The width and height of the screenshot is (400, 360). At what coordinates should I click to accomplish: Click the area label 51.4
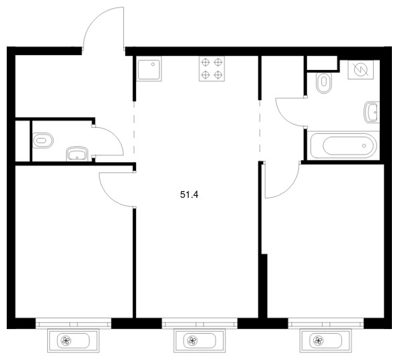pyautogui.click(x=189, y=195)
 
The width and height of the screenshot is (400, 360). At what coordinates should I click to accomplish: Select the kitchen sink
pyautogui.click(x=149, y=69)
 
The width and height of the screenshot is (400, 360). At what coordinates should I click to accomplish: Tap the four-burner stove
pyautogui.click(x=212, y=69)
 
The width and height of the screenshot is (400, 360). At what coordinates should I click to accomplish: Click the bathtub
pyautogui.click(x=343, y=145)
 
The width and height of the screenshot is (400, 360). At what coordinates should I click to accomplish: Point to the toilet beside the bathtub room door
pyautogui.click(x=324, y=83)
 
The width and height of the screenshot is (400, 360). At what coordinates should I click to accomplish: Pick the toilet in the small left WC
pyautogui.click(x=43, y=140)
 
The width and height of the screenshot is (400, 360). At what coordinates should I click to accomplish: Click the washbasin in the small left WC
pyautogui.click(x=77, y=153)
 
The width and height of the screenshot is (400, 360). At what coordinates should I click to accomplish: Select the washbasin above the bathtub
pyautogui.click(x=372, y=112)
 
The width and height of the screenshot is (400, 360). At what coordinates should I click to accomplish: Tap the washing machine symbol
pyautogui.click(x=361, y=69)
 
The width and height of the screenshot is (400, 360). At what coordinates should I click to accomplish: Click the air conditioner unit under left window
pyautogui.click(x=73, y=340)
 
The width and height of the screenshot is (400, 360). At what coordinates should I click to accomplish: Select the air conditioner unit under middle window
pyautogui.click(x=199, y=340)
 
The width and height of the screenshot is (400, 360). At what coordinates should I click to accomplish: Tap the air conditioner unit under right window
pyautogui.click(x=325, y=340)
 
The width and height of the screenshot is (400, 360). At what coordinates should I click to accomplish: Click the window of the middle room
pyautogui.click(x=199, y=323)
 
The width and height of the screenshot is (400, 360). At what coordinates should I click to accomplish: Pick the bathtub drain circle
pyautogui.click(x=364, y=145)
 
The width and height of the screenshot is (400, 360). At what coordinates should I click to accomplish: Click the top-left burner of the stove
pyautogui.click(x=205, y=62)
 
